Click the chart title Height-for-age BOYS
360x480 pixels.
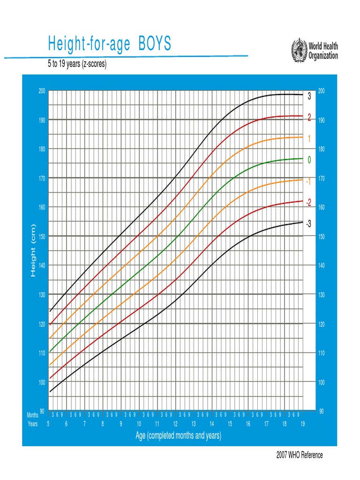[110, 45]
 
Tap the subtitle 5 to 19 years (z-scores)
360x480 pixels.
[77, 64]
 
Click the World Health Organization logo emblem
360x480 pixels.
[299, 49]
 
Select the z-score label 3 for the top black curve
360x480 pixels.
[309, 97]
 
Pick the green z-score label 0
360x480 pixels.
[309, 160]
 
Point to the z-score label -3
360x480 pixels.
[308, 224]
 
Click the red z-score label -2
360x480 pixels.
[308, 202]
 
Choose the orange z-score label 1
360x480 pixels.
[309, 139]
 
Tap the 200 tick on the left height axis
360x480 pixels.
[42, 91]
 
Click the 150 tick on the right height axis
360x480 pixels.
[322, 237]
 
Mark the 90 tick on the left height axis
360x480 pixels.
[42, 411]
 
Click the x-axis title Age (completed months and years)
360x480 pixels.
[178, 436]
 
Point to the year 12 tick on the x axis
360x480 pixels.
[175, 424]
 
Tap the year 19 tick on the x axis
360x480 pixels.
[302, 424]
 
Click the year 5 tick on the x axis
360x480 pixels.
[48, 424]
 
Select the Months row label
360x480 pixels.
[32, 415]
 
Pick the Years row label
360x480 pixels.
[32, 424]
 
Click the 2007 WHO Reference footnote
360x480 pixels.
[300, 455]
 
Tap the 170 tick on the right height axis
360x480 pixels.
[322, 179]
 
